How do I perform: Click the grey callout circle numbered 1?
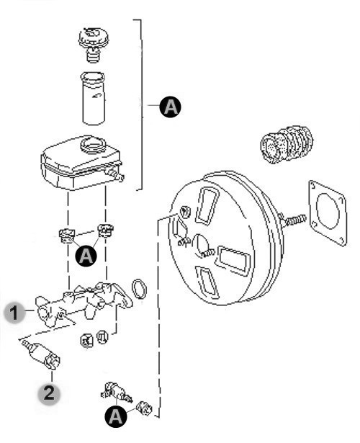coord(14,312)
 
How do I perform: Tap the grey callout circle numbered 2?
coord(49,393)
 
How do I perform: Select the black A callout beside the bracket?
coord(170,107)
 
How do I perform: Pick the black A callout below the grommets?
coord(86,256)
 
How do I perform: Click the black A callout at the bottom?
coord(115,416)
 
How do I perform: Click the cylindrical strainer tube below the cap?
coord(94,98)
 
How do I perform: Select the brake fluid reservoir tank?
coord(82,163)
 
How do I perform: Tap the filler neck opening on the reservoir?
coord(93,144)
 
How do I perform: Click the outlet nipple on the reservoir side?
coord(117,175)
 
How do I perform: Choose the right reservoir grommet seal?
coord(105,231)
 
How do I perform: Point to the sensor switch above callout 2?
coord(42,354)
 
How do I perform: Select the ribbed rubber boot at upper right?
coord(287,144)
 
